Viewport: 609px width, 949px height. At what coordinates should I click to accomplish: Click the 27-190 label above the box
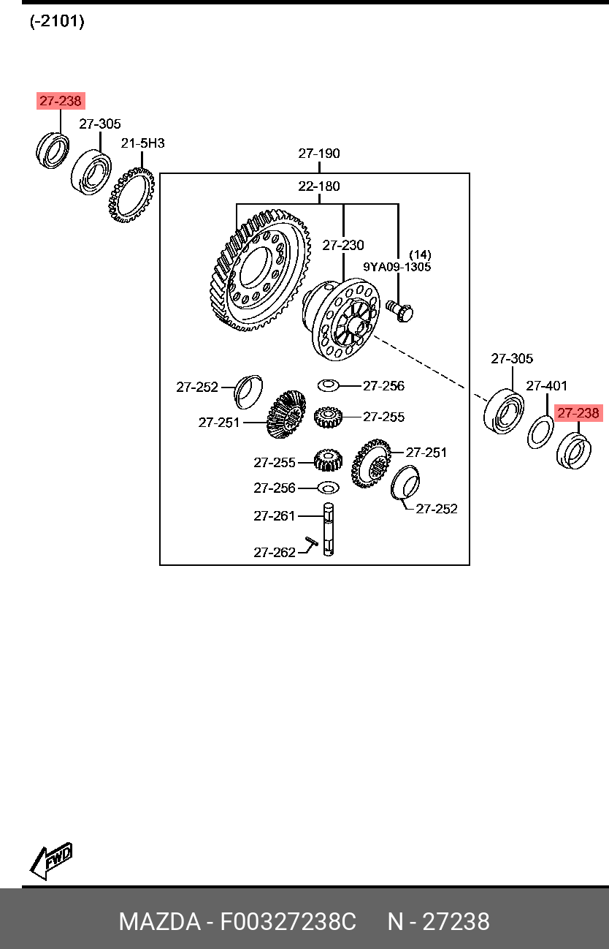coord(318,154)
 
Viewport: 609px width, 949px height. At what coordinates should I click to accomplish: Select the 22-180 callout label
coord(318,186)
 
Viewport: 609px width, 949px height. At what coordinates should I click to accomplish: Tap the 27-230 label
coord(343,245)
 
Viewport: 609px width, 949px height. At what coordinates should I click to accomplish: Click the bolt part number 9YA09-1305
coord(397,267)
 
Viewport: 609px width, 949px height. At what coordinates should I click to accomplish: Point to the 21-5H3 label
coord(142,143)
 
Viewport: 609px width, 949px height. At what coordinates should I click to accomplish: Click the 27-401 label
coord(547,385)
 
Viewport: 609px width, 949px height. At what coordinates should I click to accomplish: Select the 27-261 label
coord(275,515)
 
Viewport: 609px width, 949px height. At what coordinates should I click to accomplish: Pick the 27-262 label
coord(275,552)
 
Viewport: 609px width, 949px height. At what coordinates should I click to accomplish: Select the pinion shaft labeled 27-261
coord(329,529)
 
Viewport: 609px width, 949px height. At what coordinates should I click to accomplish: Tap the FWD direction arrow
coord(51,861)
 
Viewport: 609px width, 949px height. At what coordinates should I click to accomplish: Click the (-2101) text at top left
coord(57,22)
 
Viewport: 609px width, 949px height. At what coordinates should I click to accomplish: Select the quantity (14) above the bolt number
coord(420,254)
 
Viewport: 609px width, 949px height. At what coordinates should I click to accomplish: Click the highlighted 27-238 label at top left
coord(61,101)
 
